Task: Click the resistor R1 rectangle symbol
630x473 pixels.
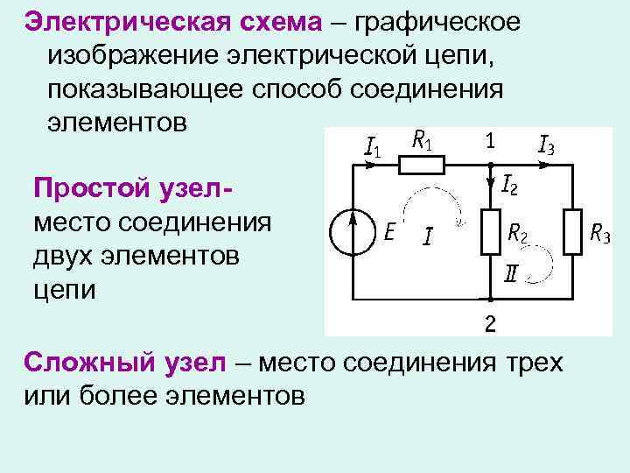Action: point(423,164)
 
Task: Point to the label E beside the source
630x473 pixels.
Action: point(390,233)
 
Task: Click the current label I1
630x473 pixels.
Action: point(371,145)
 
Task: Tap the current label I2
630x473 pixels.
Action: point(512,185)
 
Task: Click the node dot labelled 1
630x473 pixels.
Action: point(490,164)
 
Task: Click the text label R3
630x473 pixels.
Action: point(600,234)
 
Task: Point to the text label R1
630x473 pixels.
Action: point(422,139)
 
